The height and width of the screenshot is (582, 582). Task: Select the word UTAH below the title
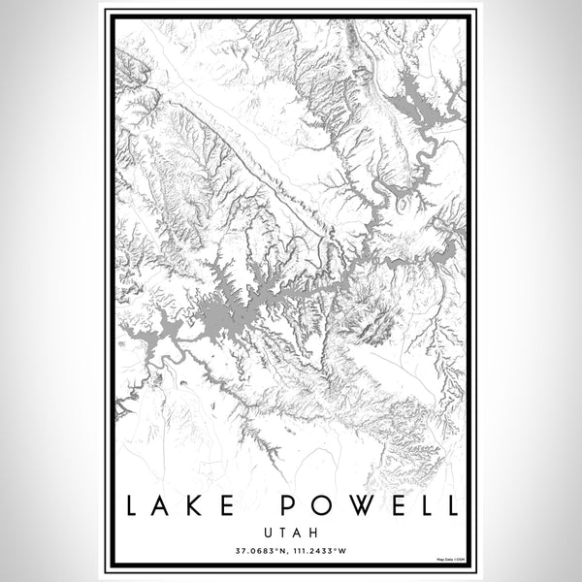click(291, 533)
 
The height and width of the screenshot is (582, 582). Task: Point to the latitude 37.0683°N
click(260, 552)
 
